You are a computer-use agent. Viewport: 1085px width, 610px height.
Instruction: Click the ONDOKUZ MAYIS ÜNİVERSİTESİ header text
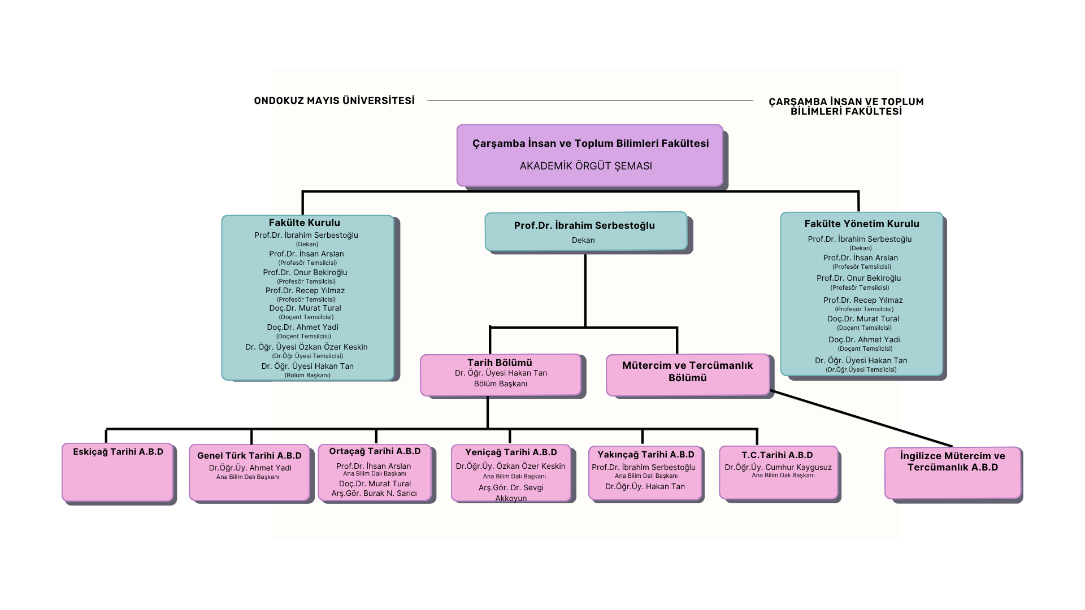pos(334,101)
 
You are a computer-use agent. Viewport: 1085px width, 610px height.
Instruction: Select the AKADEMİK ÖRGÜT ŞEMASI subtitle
pos(585,166)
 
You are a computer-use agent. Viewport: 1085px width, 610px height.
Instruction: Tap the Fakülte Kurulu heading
pos(304,223)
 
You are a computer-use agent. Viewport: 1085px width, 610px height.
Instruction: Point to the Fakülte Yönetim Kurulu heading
pos(861,224)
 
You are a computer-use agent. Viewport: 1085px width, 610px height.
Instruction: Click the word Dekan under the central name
pos(583,240)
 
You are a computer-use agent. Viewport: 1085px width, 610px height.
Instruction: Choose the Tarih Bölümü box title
pos(500,363)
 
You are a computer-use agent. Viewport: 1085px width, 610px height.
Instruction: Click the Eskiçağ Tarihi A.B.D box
pos(118,472)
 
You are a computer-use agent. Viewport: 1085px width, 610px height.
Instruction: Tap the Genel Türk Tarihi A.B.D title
pos(249,455)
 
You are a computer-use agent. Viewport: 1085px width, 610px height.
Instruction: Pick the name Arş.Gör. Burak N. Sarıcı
pos(374,494)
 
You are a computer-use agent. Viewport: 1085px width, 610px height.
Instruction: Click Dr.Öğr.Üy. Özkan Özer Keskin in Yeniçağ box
pos(510,466)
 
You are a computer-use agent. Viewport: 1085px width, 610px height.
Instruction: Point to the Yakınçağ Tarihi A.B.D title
pos(645,454)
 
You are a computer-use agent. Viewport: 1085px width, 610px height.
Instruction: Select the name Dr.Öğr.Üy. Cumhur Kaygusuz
pos(778,467)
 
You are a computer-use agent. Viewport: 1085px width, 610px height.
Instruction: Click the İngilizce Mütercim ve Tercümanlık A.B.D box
pos(953,472)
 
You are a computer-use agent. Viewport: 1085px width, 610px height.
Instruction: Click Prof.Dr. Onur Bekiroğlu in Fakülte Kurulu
pos(305,272)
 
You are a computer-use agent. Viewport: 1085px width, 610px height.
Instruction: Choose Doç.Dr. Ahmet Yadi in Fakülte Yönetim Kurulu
pos(863,339)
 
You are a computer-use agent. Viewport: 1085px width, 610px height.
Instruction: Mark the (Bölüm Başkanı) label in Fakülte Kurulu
pos(307,375)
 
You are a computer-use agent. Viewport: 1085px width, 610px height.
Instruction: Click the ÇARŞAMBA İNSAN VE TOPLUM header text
pos(845,102)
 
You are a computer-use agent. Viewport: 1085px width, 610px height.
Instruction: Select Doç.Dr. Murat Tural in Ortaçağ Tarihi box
pos(375,483)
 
